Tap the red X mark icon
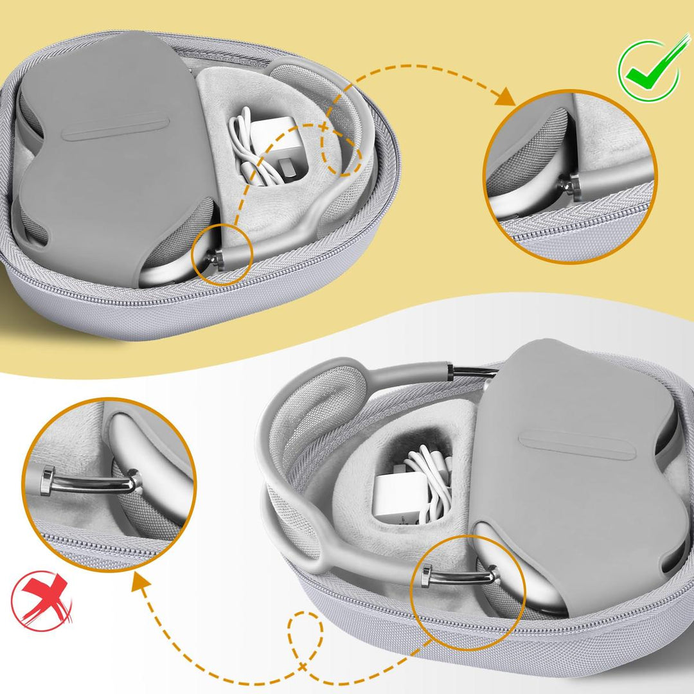tap(40, 601)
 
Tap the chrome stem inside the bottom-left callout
tap(90, 483)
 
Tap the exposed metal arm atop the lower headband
tap(473, 371)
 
